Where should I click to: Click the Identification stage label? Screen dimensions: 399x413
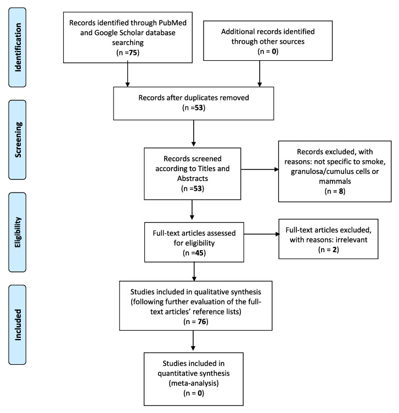[18, 47]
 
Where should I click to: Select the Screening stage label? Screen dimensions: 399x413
[18, 140]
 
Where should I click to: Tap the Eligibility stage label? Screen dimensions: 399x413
[18, 232]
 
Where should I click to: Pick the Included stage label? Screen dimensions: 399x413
[18, 325]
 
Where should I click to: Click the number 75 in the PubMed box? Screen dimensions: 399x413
[133, 53]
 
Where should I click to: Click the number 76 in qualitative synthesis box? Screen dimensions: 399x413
[201, 321]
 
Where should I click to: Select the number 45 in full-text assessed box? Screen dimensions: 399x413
[199, 253]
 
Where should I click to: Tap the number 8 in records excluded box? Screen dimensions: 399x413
[341, 191]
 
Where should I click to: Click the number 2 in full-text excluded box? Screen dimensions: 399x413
[335, 250]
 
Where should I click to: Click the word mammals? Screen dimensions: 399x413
[335, 181]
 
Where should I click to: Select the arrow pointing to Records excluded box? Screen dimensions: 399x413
[260, 169]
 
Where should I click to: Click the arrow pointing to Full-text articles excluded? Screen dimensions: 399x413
[261, 234]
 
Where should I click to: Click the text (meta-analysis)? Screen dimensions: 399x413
[194, 383]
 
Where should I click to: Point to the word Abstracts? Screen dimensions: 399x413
[193, 178]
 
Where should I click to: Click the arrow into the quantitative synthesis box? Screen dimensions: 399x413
[193, 341]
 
